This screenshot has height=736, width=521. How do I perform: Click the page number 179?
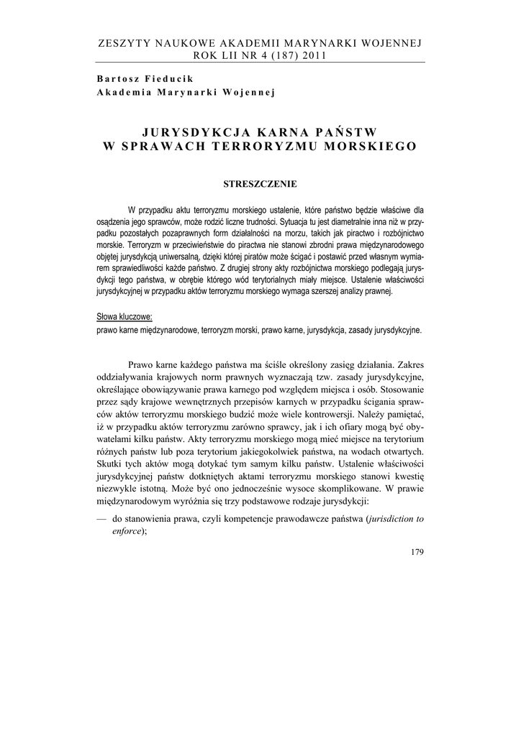coord(415,552)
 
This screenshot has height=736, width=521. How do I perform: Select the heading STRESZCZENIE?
coord(260,184)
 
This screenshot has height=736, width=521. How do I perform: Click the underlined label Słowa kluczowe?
coord(124,317)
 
